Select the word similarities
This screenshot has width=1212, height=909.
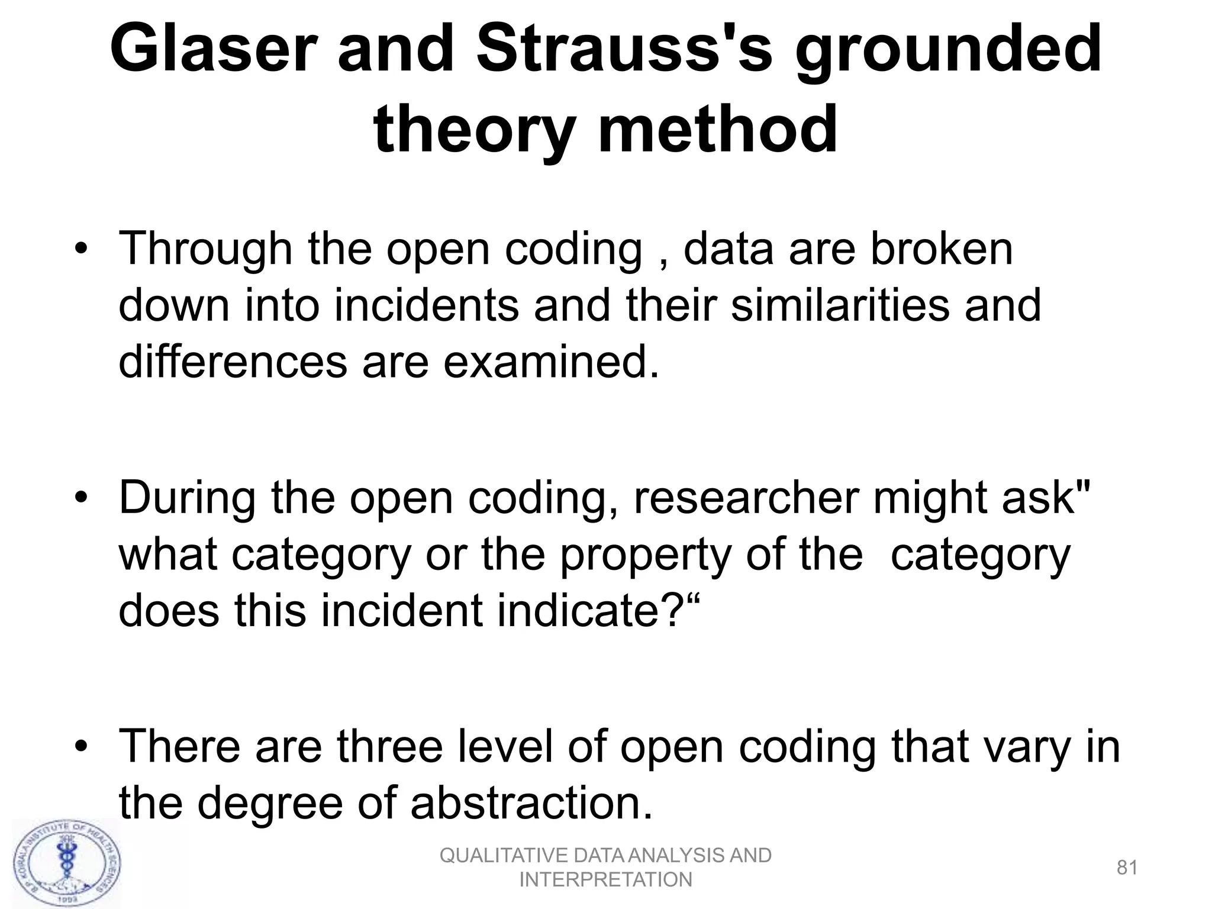click(840, 305)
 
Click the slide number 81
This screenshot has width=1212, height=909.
click(1127, 868)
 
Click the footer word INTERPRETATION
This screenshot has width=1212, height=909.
click(605, 880)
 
